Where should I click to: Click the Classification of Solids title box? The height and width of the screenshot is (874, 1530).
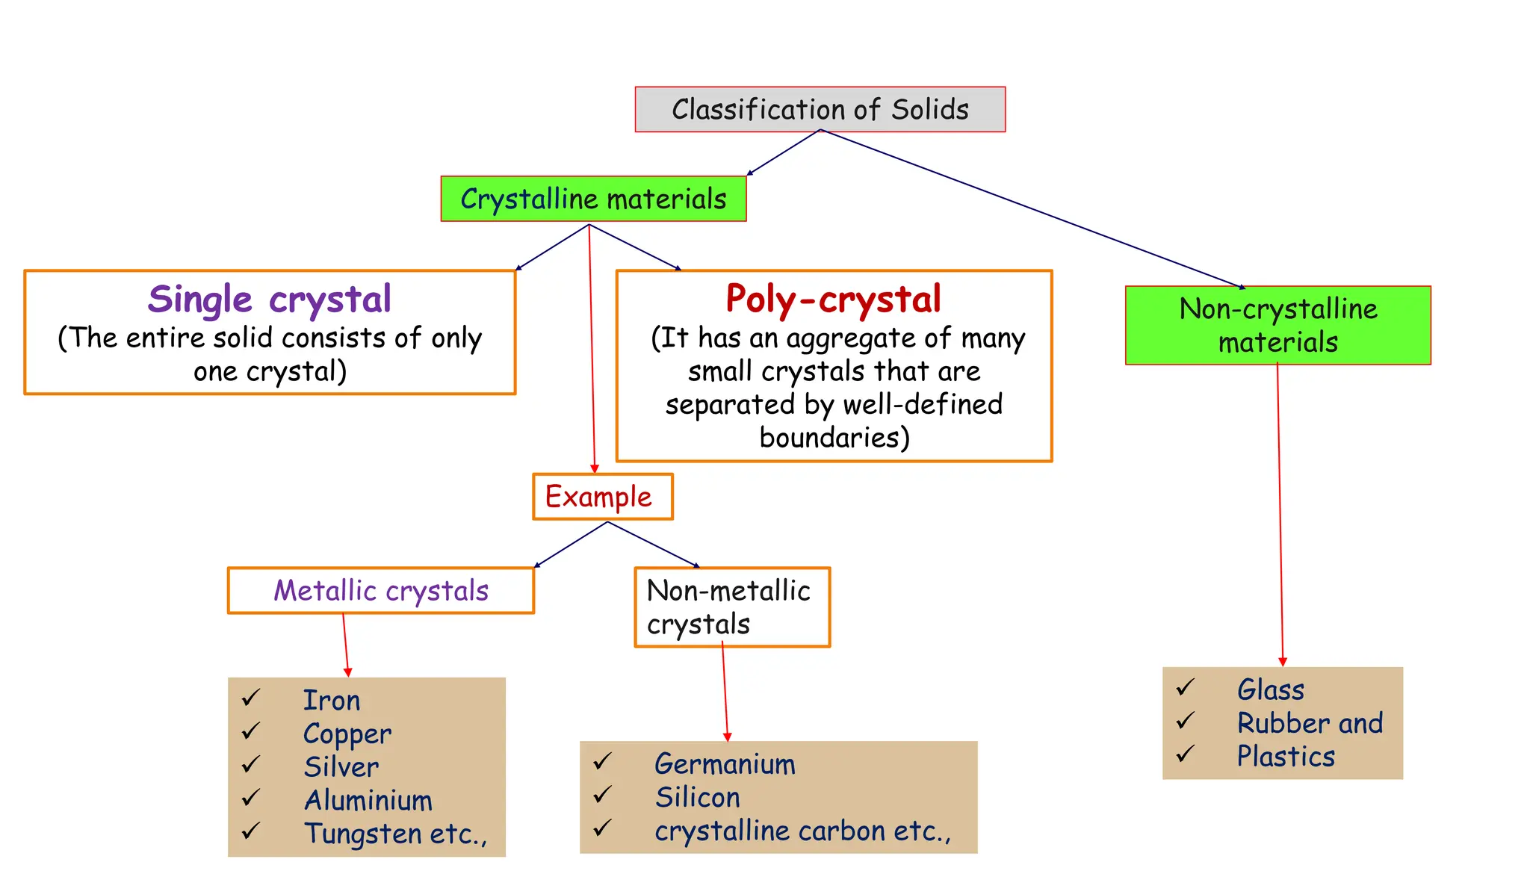click(820, 110)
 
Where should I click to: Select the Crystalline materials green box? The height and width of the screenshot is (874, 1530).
click(593, 199)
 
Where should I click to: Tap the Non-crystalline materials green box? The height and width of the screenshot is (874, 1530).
click(1277, 325)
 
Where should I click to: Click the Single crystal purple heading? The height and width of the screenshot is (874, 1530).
click(269, 300)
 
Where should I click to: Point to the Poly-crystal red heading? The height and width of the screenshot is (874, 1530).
click(833, 299)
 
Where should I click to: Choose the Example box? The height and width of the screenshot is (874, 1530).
click(602, 497)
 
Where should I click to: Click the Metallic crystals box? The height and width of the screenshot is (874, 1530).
click(381, 591)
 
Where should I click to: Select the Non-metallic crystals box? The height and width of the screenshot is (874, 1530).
click(731, 607)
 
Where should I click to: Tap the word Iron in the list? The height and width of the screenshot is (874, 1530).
click(332, 701)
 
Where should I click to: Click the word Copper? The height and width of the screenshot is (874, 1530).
click(347, 734)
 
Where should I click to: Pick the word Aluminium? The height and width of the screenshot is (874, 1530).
click(368, 801)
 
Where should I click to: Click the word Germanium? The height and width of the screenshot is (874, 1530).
click(725, 764)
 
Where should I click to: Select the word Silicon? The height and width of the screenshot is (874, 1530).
click(697, 798)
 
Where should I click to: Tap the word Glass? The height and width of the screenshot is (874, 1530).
click(1270, 689)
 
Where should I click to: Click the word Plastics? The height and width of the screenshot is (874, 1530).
click(1285, 757)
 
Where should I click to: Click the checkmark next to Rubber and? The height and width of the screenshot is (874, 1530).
click(1186, 722)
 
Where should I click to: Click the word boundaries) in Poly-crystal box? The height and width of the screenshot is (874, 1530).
click(834, 438)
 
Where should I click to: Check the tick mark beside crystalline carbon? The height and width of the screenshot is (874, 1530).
click(603, 828)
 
